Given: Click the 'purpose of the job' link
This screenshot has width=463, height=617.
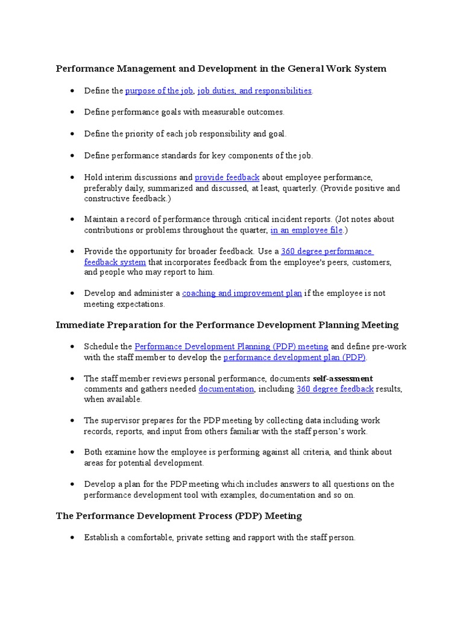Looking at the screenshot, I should click(159, 91).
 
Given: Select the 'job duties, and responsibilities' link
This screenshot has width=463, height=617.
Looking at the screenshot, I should click(254, 91).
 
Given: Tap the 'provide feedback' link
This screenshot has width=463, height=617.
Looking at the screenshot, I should click(227, 178).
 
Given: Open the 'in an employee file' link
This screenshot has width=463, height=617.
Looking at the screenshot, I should click(306, 230).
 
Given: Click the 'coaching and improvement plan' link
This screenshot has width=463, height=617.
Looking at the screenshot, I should click(242, 293).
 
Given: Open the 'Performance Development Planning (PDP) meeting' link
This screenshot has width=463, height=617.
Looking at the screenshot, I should click(231, 346).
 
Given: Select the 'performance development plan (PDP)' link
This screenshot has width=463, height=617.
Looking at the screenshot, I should click(294, 357).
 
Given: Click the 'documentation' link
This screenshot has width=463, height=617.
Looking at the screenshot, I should click(226, 389).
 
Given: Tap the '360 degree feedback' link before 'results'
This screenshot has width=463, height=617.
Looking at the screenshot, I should click(335, 389).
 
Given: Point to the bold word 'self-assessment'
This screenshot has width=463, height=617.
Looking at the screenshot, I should click(343, 378).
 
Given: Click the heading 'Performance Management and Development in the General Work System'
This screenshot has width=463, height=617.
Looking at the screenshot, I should click(221, 69).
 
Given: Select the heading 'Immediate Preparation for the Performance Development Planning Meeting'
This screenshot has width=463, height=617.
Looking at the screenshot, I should click(227, 325).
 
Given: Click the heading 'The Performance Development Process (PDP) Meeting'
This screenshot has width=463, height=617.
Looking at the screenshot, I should click(179, 516).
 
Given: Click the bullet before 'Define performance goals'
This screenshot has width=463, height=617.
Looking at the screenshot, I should click(72, 113).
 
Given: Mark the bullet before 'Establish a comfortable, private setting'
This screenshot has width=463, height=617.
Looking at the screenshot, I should click(72, 538).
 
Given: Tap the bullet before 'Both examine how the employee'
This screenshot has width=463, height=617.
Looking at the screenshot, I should click(72, 453).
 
